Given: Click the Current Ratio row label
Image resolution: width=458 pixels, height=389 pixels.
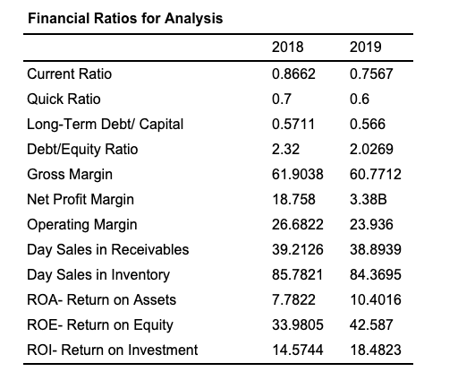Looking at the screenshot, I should tap(71, 73).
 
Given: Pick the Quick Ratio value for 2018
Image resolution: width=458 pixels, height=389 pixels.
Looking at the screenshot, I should tap(280, 99).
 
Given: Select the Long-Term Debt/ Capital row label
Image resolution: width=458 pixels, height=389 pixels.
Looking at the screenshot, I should tap(106, 124).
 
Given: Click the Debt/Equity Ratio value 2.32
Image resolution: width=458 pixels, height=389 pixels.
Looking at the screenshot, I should tap(284, 149).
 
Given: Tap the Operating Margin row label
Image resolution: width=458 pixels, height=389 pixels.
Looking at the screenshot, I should tap(82, 224).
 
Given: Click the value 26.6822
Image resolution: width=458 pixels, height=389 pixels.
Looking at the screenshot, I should tap(295, 224).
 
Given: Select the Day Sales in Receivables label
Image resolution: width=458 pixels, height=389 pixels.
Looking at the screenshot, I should tap(108, 249).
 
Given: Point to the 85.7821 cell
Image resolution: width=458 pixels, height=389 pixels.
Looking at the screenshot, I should tap(295, 274).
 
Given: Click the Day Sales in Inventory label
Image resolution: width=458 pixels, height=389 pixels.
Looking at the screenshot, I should tap(98, 274).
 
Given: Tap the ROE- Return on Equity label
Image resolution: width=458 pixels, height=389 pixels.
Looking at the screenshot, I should tap(100, 324).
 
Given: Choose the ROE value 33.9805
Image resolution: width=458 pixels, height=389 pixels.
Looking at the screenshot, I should tap(295, 324).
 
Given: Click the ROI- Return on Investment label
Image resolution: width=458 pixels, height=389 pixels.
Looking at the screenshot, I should tap(113, 350).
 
